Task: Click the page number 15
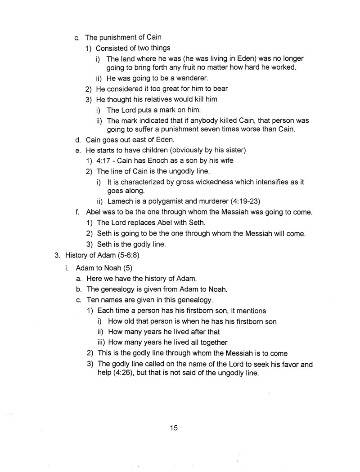(174, 427)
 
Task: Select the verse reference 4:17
(104, 160)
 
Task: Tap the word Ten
(92, 300)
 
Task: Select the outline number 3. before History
(57, 256)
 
